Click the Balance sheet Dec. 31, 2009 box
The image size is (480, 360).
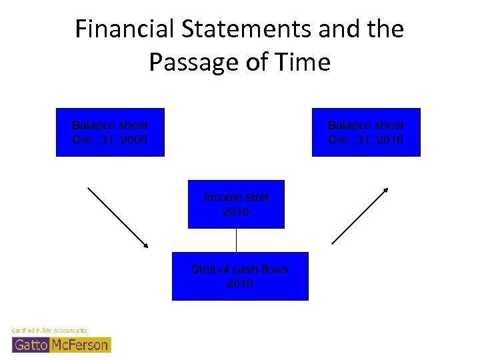coord(110,132)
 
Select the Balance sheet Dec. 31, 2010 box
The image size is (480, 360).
coord(366,132)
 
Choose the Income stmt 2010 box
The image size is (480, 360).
coord(236,204)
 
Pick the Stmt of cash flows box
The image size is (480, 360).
coord(240,276)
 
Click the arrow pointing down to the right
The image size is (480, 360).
coord(118,217)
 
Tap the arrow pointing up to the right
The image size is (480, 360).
coord(360,215)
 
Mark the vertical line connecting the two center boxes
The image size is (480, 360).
coord(237,240)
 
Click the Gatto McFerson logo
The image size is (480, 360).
coord(61,344)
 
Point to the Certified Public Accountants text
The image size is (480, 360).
coord(49,331)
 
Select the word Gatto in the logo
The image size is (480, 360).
coord(31,345)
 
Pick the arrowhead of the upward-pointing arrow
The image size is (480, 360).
coord(385,190)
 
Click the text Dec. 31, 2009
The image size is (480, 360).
coord(110,140)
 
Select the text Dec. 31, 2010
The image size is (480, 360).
coord(366,140)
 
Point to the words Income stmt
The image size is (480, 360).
coord(236,197)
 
